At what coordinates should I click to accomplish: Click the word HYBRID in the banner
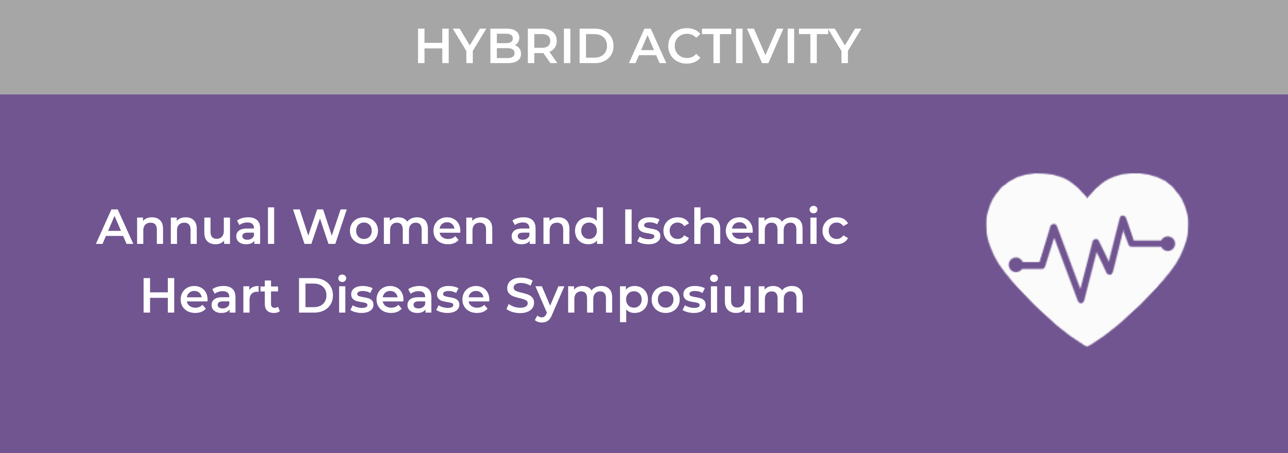[x=514, y=46]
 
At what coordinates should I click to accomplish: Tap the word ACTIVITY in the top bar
[x=744, y=46]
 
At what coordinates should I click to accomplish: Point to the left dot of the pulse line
[x=1016, y=265]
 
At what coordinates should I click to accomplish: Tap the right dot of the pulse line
[x=1168, y=243]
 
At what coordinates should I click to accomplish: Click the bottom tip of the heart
[x=1087, y=346]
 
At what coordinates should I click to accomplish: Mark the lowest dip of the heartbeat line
[x=1081, y=301]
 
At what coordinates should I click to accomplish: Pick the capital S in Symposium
[x=522, y=295]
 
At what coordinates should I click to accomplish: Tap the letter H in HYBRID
[x=434, y=46]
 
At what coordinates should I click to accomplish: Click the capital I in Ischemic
[x=627, y=228]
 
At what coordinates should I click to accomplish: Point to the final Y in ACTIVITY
[x=844, y=46]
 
